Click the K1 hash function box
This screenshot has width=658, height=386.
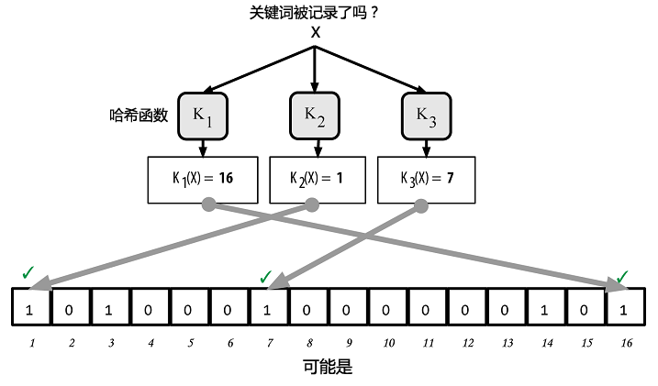pos(203,116)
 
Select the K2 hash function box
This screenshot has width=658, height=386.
pos(314,116)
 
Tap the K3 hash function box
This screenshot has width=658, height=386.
pos(427,116)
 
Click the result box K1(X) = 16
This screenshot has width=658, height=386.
pos(203,180)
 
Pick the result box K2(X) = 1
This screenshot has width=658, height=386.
pos(318,180)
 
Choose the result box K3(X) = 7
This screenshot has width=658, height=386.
pos(427,180)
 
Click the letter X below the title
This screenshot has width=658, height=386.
pos(316,32)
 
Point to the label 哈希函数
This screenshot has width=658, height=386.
pos(139,115)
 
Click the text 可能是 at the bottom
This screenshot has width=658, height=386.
pos(328,367)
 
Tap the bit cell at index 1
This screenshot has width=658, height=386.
pos(30,306)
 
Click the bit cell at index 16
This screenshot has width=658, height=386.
pos(626,306)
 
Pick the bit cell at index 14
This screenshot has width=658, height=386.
pos(546,306)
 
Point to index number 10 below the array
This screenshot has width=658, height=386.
pos(388,343)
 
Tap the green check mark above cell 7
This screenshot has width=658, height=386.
pos(265,277)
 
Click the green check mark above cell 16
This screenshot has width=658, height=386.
pos(622,276)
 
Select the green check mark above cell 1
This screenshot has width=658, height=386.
pos(28,272)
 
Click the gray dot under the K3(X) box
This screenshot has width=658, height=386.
pos(421,205)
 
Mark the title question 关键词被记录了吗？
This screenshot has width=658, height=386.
pos(314,13)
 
